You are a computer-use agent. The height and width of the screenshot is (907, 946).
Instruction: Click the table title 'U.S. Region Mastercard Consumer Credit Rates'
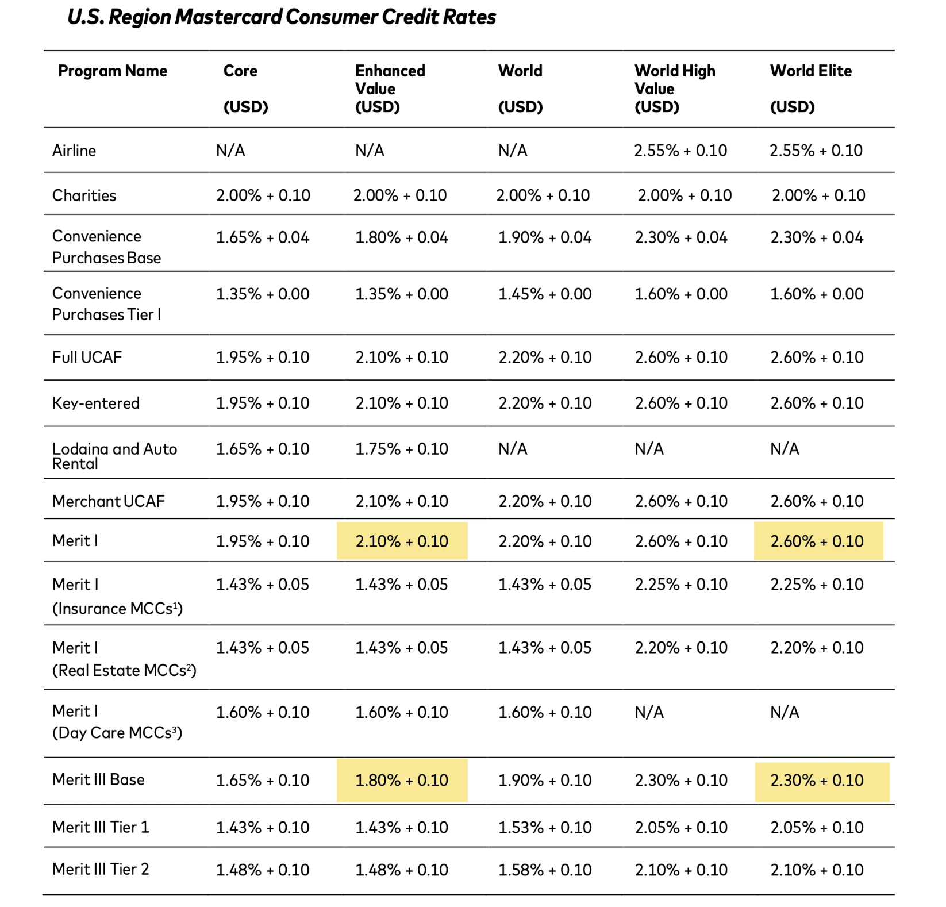point(282,17)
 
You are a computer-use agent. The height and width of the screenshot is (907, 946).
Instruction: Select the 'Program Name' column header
point(113,71)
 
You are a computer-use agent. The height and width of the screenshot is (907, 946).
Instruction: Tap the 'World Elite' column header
point(810,71)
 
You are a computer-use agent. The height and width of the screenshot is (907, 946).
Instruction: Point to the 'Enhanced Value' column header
point(390,80)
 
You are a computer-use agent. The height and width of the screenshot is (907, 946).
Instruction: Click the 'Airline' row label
point(74,151)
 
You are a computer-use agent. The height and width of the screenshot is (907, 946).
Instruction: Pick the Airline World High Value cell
point(680,151)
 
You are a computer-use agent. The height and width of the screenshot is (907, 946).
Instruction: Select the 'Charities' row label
point(84,195)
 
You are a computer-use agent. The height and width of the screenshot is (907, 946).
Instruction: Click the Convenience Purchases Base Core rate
point(263,237)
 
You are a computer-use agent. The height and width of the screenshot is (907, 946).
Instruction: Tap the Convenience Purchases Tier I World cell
point(544,294)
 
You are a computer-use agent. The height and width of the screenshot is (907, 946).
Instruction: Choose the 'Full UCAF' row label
point(87,358)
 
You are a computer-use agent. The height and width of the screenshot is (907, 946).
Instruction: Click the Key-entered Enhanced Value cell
point(402,403)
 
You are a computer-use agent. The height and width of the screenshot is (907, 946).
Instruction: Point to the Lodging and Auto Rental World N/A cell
point(513,449)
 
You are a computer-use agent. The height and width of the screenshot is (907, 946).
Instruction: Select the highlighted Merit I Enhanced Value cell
point(402,541)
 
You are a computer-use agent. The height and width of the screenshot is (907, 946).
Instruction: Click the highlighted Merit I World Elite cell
point(817,541)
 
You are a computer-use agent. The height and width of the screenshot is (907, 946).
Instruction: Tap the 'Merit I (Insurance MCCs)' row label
point(117,596)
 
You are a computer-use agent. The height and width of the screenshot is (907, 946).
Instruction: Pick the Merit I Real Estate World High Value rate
point(681,648)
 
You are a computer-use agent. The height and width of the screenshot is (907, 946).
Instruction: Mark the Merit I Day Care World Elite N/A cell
point(785,713)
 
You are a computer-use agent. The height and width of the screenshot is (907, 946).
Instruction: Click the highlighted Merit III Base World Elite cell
point(817,781)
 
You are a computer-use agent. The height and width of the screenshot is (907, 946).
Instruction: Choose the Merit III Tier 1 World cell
point(544,828)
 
